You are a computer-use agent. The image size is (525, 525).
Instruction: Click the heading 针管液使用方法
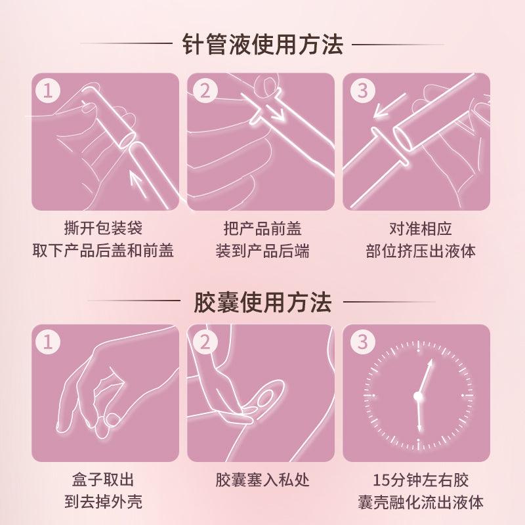point(262,45)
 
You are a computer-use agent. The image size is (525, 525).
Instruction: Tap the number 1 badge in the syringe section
point(47,90)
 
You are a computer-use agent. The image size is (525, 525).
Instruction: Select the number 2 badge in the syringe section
point(205,90)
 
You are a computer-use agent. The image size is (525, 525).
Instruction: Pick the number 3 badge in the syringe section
point(362,90)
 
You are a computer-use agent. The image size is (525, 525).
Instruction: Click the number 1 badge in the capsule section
point(47,342)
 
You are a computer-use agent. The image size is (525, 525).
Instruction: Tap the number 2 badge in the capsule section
point(205,342)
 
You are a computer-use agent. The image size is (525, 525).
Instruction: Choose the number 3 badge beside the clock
point(362,342)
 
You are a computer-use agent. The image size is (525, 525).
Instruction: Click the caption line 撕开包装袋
point(105,228)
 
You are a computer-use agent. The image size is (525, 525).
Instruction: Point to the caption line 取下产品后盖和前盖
point(105,250)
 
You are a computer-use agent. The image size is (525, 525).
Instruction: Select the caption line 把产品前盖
point(262,228)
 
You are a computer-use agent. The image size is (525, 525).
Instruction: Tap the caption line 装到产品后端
point(262,250)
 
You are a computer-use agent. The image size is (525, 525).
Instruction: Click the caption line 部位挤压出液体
point(420,250)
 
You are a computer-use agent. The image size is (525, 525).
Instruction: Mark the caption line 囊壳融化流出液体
point(420,502)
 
